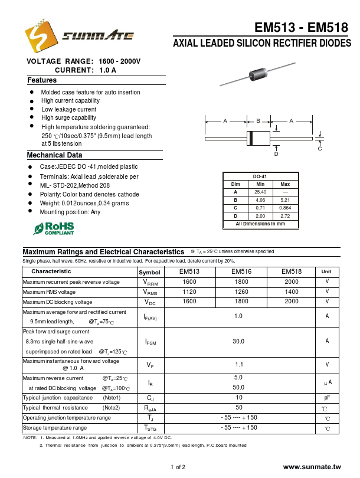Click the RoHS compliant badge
click(54, 228)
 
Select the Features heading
click(42, 80)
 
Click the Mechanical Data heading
click(54, 155)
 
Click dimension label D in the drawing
click(276, 153)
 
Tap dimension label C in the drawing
click(320, 148)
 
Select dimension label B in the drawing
click(258, 121)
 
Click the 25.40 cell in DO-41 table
click(260, 192)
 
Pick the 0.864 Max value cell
click(285, 208)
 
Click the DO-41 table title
click(260, 176)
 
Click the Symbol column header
click(149, 272)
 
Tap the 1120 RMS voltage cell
click(189, 292)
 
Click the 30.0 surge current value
click(238, 341)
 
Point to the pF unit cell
click(326, 398)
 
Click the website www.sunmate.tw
click(312, 467)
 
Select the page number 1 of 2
click(178, 467)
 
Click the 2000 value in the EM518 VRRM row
click(292, 282)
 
